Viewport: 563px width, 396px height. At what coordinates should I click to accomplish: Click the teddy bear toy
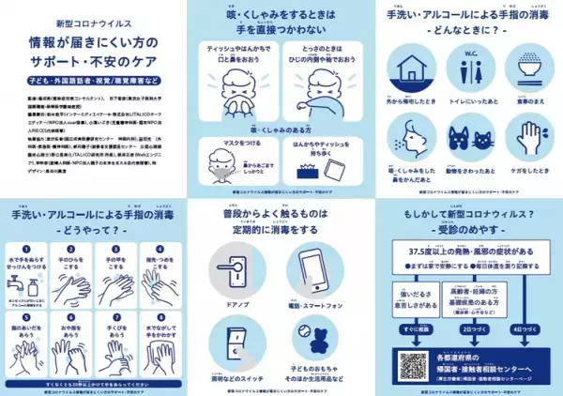tap(306, 336)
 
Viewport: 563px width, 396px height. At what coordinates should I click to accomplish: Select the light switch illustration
tap(236, 335)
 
